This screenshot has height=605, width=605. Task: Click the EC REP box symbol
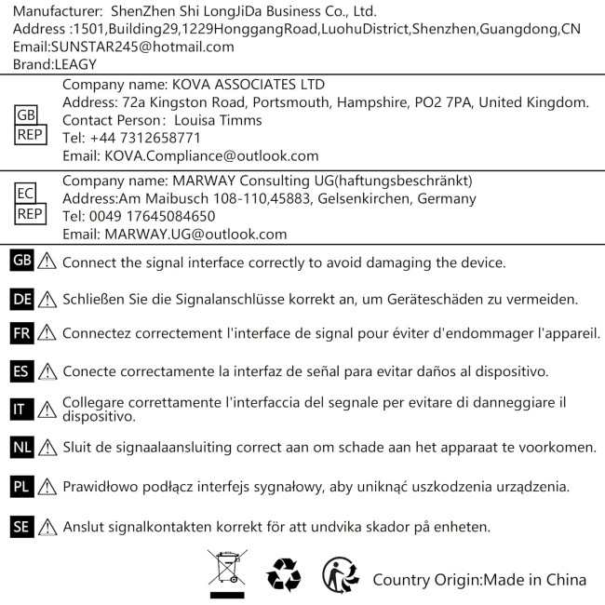tap(27, 205)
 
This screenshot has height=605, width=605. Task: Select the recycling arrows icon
tap(283, 575)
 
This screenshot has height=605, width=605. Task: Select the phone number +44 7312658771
tap(131, 138)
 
